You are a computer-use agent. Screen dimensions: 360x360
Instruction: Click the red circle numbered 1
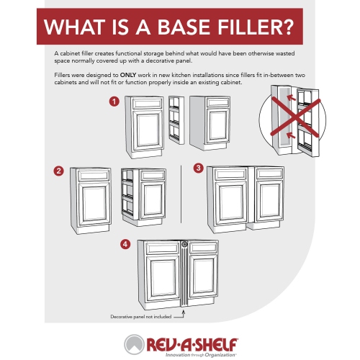pyautogui.click(x=114, y=102)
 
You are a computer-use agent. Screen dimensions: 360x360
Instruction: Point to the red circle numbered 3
pyautogui.click(x=198, y=168)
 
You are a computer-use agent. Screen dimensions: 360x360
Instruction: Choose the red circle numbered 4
pyautogui.click(x=126, y=244)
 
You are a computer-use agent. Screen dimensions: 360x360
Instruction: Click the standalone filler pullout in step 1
pyautogui.click(x=174, y=127)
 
